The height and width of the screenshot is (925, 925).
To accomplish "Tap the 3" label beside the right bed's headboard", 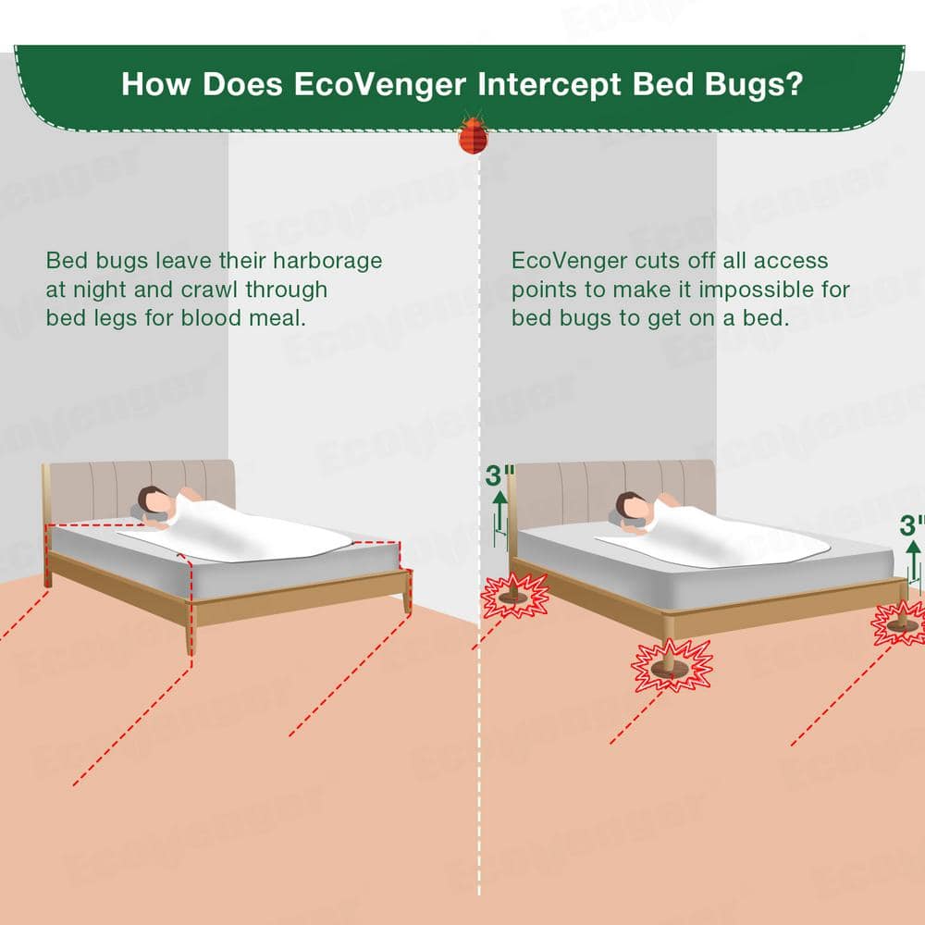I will click(499, 476).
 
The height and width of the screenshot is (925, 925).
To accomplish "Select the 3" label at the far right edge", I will click(912, 525).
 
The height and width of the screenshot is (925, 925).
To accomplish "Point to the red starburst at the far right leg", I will click(899, 623).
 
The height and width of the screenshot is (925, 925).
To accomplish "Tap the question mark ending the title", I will click(793, 85).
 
